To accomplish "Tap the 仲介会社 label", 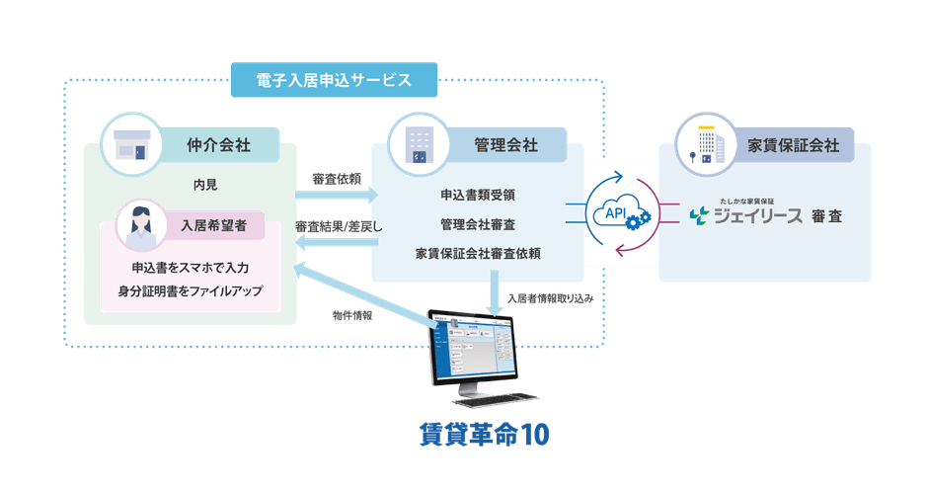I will click(218, 145).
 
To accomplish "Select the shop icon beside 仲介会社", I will click(131, 144).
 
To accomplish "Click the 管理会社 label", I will click(506, 145).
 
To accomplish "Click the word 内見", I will click(205, 185).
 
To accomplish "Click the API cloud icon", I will click(618, 213).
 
